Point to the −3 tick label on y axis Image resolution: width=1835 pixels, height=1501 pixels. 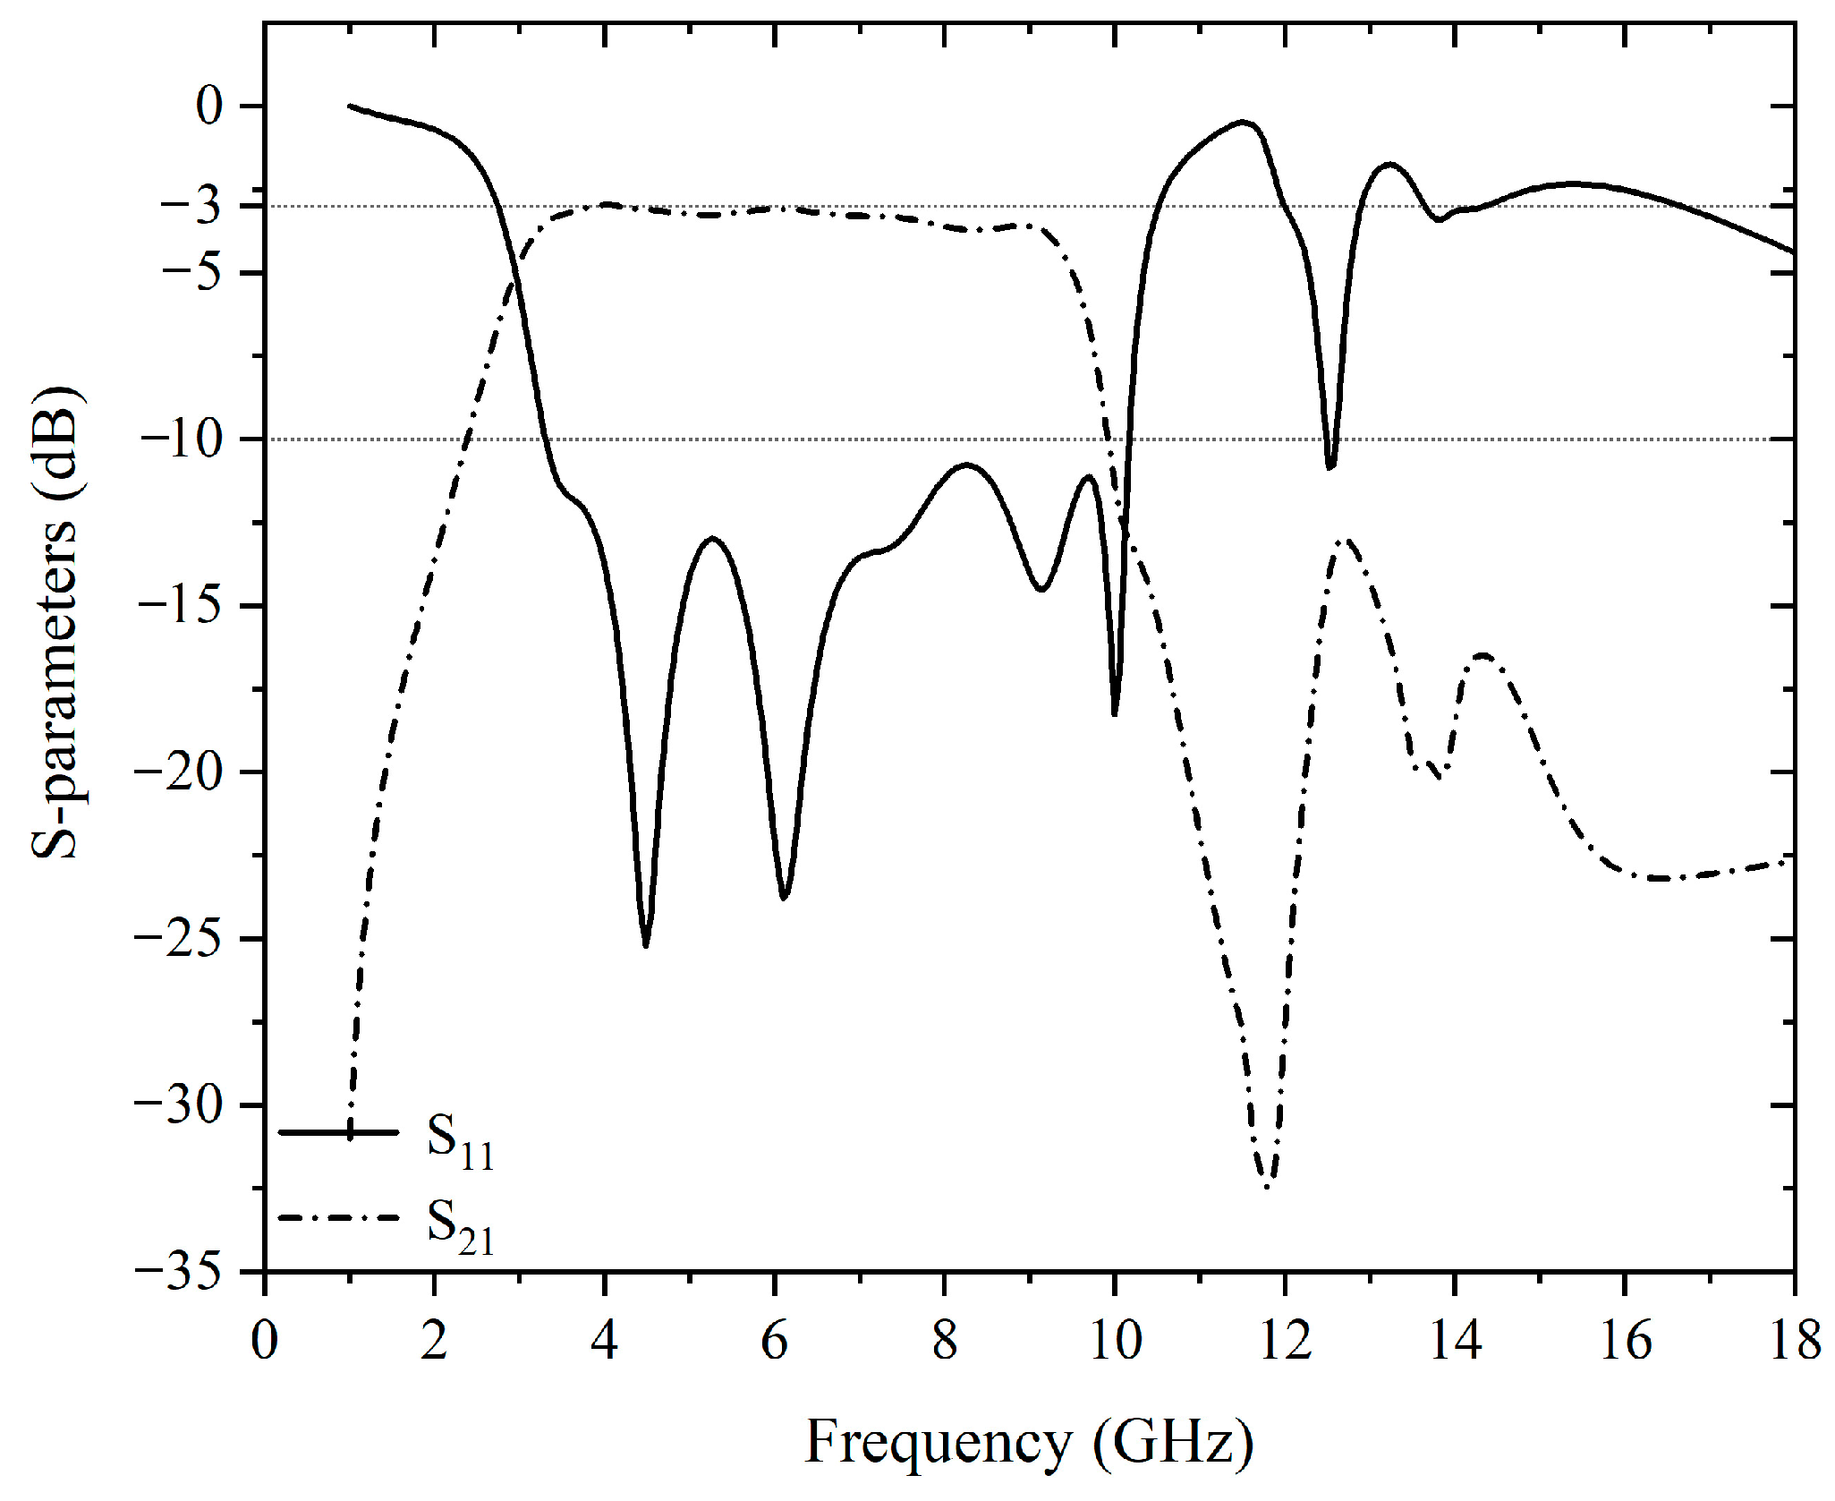click(x=190, y=208)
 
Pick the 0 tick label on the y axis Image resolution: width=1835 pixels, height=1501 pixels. click(x=209, y=107)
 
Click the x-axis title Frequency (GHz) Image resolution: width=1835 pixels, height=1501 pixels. click(x=1029, y=1443)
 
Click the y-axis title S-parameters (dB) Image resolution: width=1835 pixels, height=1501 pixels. click(x=55, y=623)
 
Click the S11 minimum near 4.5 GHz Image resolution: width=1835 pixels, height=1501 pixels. click(x=646, y=945)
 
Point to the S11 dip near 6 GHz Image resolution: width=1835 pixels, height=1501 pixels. click(x=784, y=898)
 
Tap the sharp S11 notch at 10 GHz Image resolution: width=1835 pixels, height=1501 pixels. click(x=1114, y=713)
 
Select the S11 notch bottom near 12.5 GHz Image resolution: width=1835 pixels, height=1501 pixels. click(x=1330, y=467)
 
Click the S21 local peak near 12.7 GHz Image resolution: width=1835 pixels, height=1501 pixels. click(x=1346, y=540)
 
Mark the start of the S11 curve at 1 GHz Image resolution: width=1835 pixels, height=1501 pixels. click(x=350, y=106)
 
